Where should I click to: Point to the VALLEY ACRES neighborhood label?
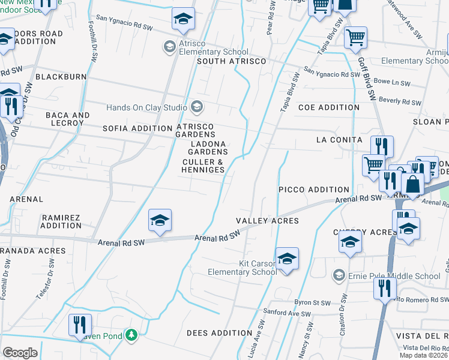pyautogui.click(x=267, y=221)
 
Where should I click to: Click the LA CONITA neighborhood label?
pyautogui.click(x=339, y=140)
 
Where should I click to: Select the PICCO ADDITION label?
pyautogui.click(x=314, y=190)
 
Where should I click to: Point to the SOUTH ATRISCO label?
pyautogui.click(x=231, y=62)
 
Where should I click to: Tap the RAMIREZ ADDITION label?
pyautogui.click(x=61, y=221)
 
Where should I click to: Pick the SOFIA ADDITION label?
pyautogui.click(x=137, y=128)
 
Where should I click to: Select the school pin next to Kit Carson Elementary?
pyautogui.click(x=287, y=259)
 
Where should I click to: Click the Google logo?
pyautogui.click(x=20, y=352)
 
